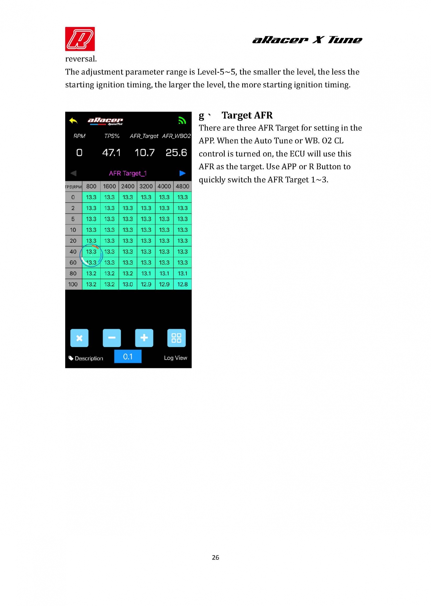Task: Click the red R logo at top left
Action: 80,39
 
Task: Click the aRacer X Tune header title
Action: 307,40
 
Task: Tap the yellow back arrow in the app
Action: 73,121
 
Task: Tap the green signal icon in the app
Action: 182,120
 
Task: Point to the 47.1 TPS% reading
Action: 111,153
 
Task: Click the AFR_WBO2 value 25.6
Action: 176,153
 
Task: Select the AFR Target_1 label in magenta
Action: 128,173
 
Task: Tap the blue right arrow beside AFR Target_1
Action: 182,173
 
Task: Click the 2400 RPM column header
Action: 128,186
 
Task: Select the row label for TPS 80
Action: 73,273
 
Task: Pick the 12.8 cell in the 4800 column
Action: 182,284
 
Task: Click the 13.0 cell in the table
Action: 128,284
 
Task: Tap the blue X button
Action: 79,338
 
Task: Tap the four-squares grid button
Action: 176,338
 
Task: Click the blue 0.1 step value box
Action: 128,357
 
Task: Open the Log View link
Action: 175,358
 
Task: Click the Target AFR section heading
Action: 247,115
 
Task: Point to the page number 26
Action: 215,557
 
